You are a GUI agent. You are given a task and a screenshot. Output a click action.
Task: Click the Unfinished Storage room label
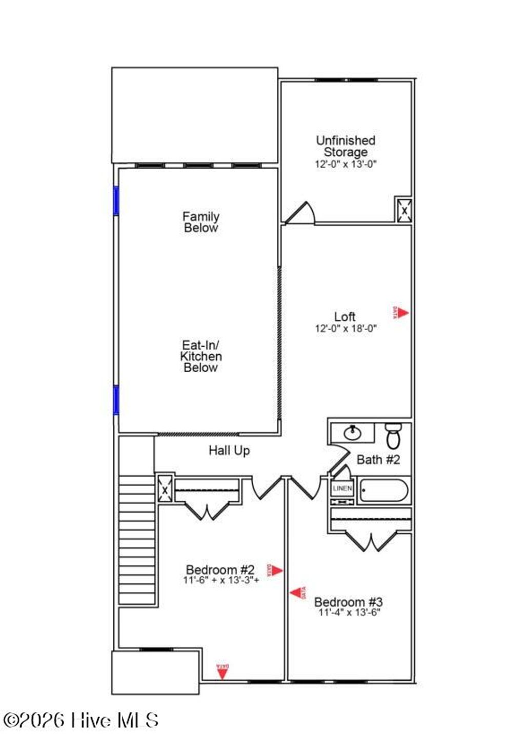pyautogui.click(x=345, y=146)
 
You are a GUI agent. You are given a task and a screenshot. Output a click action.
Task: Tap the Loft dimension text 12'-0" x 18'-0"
pyautogui.click(x=346, y=329)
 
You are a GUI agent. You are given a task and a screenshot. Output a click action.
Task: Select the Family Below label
pyautogui.click(x=201, y=222)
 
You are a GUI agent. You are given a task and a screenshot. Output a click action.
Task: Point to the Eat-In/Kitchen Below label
pyautogui.click(x=201, y=356)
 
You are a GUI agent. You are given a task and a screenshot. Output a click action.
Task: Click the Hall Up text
pyautogui.click(x=229, y=451)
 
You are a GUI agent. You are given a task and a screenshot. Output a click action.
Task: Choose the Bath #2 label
pyautogui.click(x=378, y=460)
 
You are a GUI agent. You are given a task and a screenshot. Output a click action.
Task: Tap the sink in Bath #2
pyautogui.click(x=352, y=433)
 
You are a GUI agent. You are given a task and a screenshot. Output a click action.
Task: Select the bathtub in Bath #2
pyautogui.click(x=384, y=490)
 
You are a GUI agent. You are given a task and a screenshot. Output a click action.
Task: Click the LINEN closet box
pyautogui.click(x=342, y=488)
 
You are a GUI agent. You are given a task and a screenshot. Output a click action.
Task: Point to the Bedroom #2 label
pyautogui.click(x=220, y=569)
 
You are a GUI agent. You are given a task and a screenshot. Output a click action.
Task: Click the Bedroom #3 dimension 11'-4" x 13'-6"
pyautogui.click(x=349, y=613)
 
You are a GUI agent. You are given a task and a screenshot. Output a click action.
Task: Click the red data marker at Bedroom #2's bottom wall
pyautogui.click(x=222, y=671)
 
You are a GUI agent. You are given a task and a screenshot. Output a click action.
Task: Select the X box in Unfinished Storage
pyautogui.click(x=403, y=210)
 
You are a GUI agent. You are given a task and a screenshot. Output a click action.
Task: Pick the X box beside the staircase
pyautogui.click(x=165, y=490)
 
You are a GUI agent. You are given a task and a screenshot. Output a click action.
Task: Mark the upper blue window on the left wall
pyautogui.click(x=116, y=200)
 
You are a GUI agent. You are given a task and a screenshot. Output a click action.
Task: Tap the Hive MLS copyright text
pyautogui.click(x=80, y=720)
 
